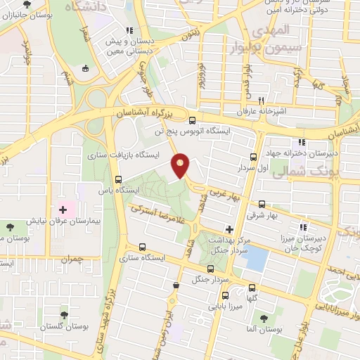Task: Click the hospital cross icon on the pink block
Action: [x=63, y=209]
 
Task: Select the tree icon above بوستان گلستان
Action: [x=65, y=315]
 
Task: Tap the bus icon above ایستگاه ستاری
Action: [x=143, y=247]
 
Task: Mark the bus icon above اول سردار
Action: [x=253, y=157]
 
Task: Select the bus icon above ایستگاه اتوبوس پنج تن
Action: [x=193, y=120]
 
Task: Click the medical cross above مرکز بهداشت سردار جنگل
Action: [x=229, y=229]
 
